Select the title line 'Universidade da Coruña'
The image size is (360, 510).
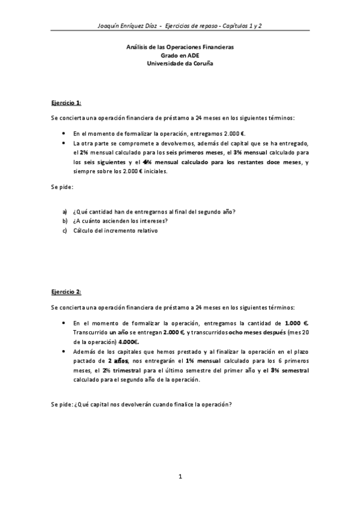pyautogui.click(x=180, y=63)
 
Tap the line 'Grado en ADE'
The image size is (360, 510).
pyautogui.click(x=180, y=55)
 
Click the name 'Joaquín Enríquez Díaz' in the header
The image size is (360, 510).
pyautogui.click(x=132, y=26)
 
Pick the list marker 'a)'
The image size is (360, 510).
pyautogui.click(x=65, y=210)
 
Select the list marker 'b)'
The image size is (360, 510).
pyautogui.click(x=65, y=221)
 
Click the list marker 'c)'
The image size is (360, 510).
pyautogui.click(x=65, y=231)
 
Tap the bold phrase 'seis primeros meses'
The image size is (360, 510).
pyautogui.click(x=196, y=153)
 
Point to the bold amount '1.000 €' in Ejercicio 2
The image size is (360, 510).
pyautogui.click(x=297, y=322)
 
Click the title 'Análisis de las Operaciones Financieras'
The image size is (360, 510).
pyautogui.click(x=180, y=46)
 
